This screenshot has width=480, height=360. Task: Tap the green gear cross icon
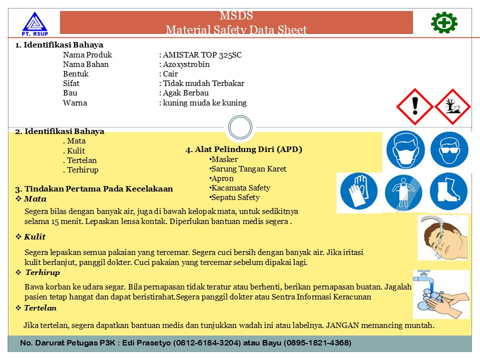[x=444, y=22]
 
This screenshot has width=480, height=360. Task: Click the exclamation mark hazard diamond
[x=414, y=106]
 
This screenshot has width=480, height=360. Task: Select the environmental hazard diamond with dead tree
[x=452, y=106]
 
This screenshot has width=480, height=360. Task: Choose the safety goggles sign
[x=449, y=150]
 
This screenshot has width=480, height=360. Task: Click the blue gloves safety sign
[x=358, y=192]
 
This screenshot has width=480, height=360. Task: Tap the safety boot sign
[x=448, y=192]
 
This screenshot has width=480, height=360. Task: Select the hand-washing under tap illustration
[x=440, y=294]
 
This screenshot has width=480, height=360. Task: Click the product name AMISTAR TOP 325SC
[x=202, y=55]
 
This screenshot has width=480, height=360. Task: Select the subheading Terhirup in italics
[x=42, y=272]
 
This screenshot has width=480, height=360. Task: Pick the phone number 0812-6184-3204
[x=209, y=343]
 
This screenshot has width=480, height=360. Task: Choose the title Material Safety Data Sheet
[x=236, y=30]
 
